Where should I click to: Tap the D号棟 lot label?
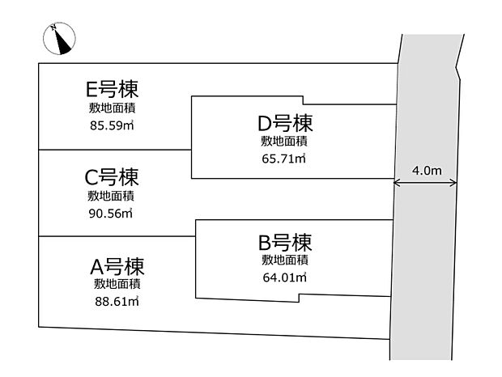coord(285,123)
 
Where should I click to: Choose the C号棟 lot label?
coord(111,176)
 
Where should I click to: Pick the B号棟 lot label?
coord(285,241)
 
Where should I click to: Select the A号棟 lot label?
coord(117,266)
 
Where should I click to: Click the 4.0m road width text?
coord(427,171)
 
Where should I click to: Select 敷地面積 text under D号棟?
coord(285,141)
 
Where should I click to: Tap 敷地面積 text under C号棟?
coord(112,196)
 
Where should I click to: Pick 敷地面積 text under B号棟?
coord(285,259)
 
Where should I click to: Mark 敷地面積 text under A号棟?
coord(117,284)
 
